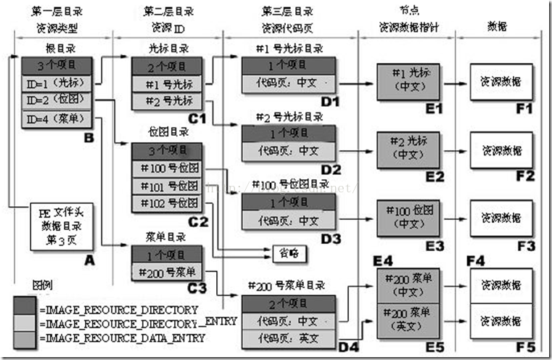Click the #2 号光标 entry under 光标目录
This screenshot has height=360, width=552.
pyautogui.click(x=168, y=99)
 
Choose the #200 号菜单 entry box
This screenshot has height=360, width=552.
pyautogui.click(x=168, y=272)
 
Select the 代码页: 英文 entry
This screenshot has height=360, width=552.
pyautogui.click(x=288, y=338)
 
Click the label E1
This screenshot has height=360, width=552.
pyautogui.click(x=434, y=108)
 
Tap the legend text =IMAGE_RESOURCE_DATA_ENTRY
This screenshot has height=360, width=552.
pyautogui.click(x=119, y=337)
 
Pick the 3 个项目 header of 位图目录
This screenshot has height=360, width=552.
pyautogui.click(x=168, y=151)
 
